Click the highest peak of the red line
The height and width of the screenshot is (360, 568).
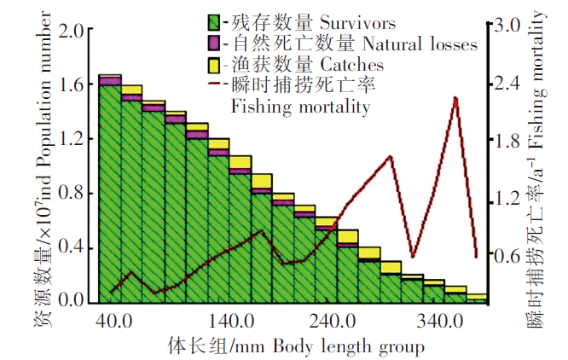click(456, 98)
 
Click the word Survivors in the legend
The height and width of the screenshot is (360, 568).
click(336, 20)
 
